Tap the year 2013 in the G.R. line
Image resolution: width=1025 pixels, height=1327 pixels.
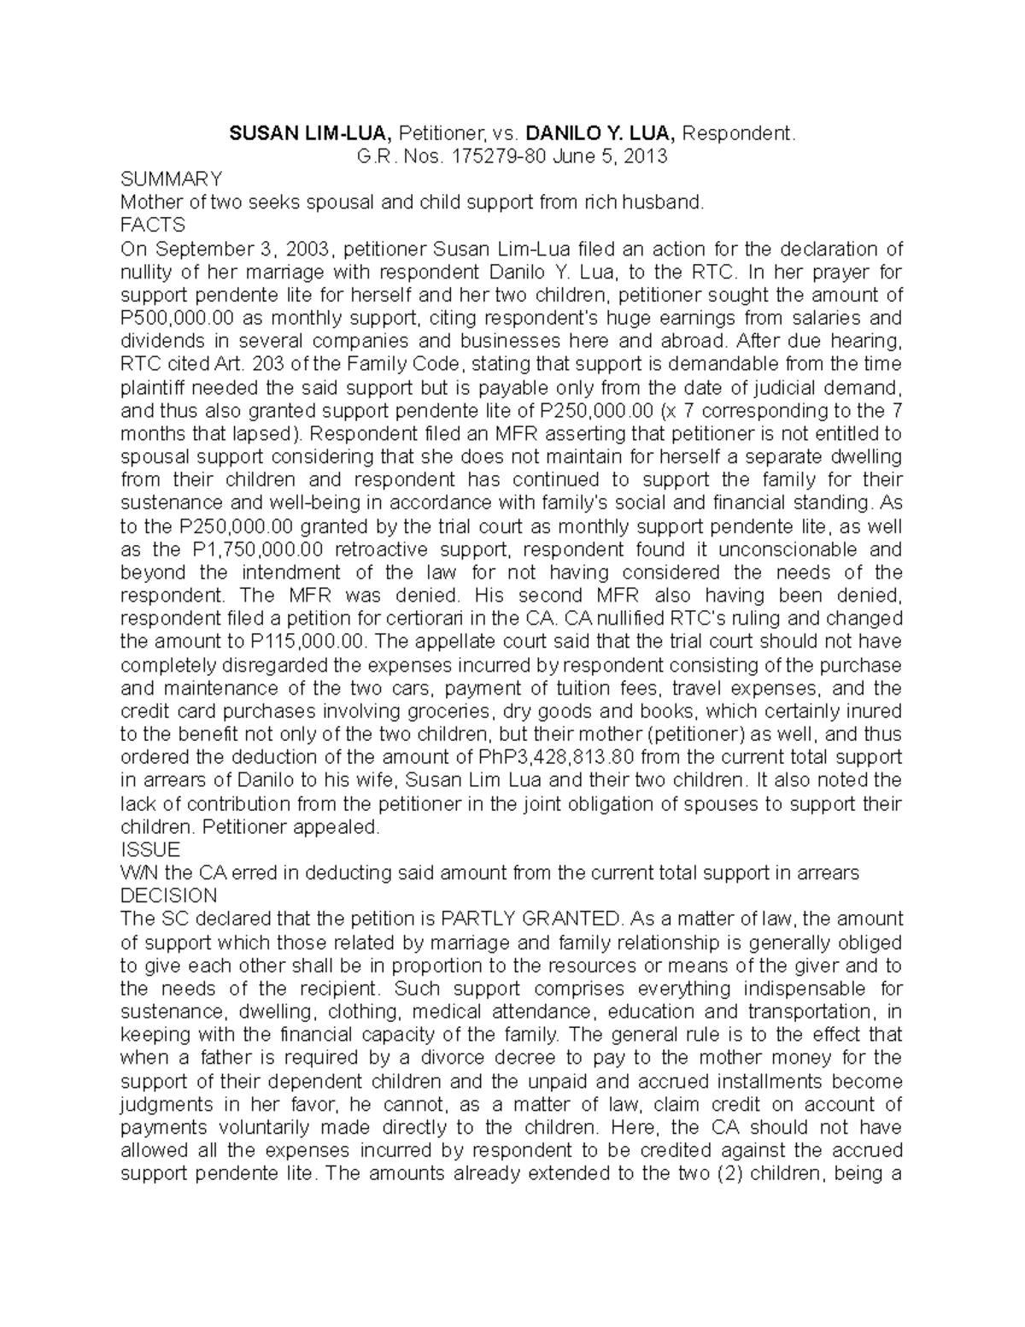pyautogui.click(x=645, y=156)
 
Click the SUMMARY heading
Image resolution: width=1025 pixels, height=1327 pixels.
pyautogui.click(x=172, y=179)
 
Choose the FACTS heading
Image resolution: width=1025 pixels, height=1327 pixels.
pyautogui.click(x=153, y=226)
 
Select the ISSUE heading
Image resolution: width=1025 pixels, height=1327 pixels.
pyautogui.click(x=150, y=849)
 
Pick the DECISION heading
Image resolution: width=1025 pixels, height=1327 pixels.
pyautogui.click(x=169, y=895)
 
